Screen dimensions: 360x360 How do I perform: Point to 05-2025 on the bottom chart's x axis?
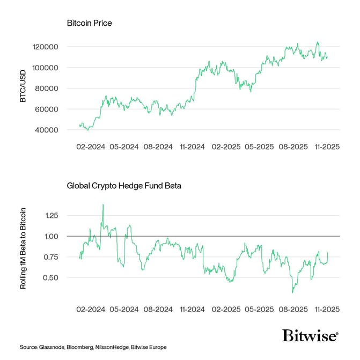click(259, 310)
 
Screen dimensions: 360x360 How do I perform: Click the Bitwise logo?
click(310, 336)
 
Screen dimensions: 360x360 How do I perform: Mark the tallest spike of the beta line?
click(102, 204)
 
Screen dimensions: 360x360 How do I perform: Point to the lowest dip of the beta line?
click(292, 292)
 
